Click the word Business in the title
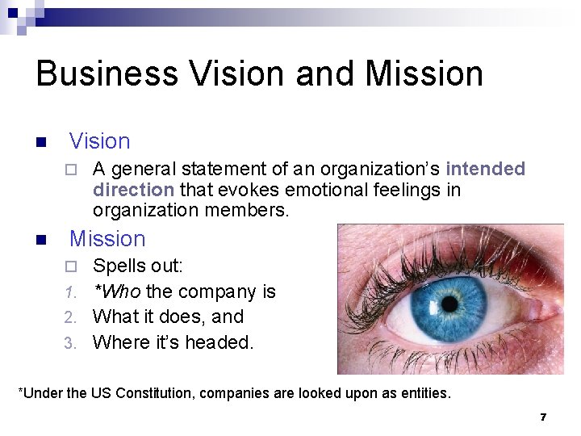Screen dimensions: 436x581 (x=108, y=73)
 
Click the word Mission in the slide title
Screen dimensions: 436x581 (x=424, y=73)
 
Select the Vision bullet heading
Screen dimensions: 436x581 (x=99, y=141)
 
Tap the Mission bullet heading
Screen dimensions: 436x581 (x=107, y=239)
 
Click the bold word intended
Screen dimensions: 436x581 (x=485, y=170)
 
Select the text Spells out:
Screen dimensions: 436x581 (x=138, y=266)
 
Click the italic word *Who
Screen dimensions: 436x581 (x=117, y=291)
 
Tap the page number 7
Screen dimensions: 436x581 (x=543, y=417)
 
